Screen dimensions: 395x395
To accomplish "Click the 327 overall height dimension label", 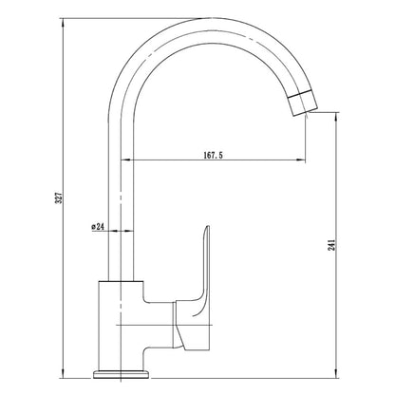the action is pyautogui.click(x=59, y=197).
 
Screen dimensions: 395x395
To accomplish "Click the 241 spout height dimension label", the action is pyautogui.click(x=331, y=245).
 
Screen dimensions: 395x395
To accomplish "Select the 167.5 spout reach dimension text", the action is pyautogui.click(x=213, y=155).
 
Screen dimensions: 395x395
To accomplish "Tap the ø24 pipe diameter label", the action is pyautogui.click(x=98, y=226).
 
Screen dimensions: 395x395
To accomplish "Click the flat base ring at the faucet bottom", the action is pyautogui.click(x=121, y=375).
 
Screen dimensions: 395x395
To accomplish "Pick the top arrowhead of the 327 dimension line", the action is pyautogui.click(x=64, y=23).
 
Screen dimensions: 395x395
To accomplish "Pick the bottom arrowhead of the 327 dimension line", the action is pyautogui.click(x=64, y=373).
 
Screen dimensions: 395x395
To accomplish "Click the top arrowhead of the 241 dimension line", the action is pyautogui.click(x=336, y=117).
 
